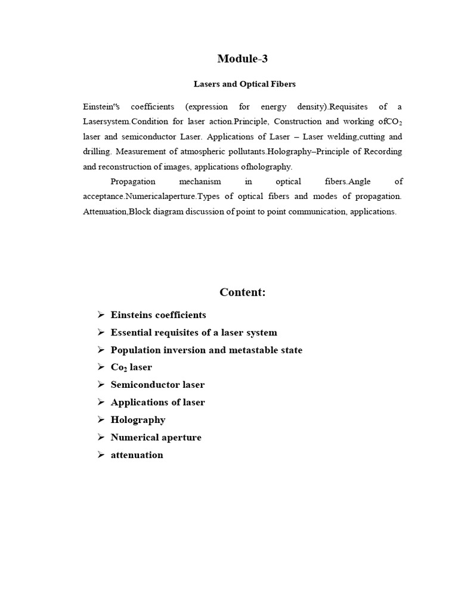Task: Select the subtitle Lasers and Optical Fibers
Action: [243, 84]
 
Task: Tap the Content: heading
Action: [243, 292]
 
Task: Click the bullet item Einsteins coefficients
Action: [158, 315]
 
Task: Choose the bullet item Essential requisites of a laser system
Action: [194, 332]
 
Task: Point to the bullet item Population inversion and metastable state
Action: [206, 350]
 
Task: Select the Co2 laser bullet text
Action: [131, 368]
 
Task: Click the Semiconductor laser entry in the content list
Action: [157, 385]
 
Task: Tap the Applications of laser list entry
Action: [157, 402]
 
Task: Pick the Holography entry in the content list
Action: [138, 420]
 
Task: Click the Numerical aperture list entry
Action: [156, 437]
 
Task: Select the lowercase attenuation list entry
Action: [137, 455]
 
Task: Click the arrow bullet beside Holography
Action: [101, 420]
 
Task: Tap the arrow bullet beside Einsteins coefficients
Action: [101, 315]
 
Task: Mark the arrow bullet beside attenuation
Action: [101, 455]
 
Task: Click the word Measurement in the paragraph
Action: [139, 152]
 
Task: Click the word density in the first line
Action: [304, 107]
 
